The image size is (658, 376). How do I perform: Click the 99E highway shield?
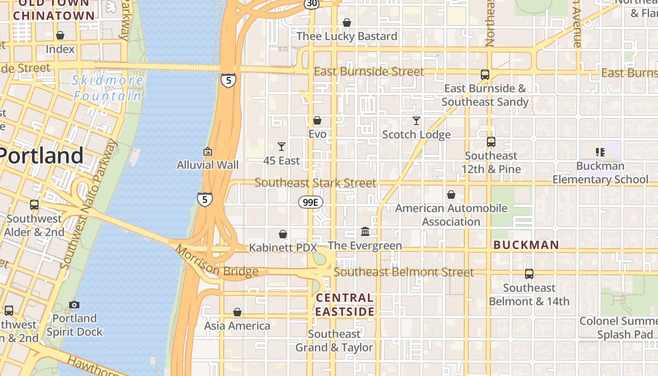tap(311, 202)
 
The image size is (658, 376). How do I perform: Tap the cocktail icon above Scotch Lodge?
tap(416, 121)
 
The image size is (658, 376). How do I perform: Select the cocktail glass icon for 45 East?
tap(282, 147)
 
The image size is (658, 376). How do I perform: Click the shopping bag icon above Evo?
tap(317, 120)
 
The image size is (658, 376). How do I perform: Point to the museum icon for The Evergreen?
tap(365, 231)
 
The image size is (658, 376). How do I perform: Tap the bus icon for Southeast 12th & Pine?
tap(491, 141)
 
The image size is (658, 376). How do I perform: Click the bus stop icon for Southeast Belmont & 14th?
tap(529, 274)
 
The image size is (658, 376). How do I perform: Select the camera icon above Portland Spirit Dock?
tap(74, 305)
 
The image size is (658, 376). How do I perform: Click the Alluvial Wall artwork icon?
tap(207, 151)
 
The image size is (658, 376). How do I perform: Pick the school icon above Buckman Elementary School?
tap(600, 152)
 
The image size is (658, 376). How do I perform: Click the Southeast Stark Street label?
tap(315, 183)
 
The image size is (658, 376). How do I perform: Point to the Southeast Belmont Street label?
tap(404, 272)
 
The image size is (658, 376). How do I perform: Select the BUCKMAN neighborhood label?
tap(526, 245)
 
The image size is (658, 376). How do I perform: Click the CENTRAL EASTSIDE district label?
tap(345, 305)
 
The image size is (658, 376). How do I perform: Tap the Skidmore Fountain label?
tap(108, 88)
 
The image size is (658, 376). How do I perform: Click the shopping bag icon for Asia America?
tap(237, 312)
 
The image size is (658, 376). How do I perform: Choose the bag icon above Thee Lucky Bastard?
tap(347, 23)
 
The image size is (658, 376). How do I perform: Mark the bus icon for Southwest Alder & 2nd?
tap(34, 205)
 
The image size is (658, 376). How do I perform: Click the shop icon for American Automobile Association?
tap(451, 194)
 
